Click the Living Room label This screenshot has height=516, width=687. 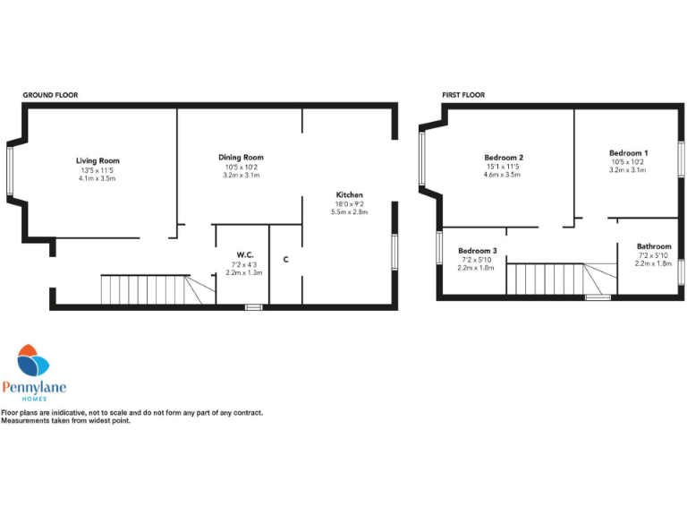tap(98, 161)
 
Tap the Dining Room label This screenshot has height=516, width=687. tap(242, 158)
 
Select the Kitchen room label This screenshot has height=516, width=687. tap(349, 195)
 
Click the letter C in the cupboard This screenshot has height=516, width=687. tap(285, 260)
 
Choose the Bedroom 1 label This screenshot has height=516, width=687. tap(628, 153)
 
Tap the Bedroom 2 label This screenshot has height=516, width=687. tap(504, 157)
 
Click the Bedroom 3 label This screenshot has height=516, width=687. tap(477, 251)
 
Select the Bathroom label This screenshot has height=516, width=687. tap(654, 246)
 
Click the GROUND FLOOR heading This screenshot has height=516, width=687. tap(49, 94)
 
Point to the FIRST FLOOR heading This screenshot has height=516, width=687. tap(463, 94)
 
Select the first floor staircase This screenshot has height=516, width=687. tap(550, 278)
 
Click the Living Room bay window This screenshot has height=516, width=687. tap(11, 170)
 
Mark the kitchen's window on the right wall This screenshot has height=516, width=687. tap(395, 252)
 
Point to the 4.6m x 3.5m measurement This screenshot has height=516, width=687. tap(504, 175)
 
